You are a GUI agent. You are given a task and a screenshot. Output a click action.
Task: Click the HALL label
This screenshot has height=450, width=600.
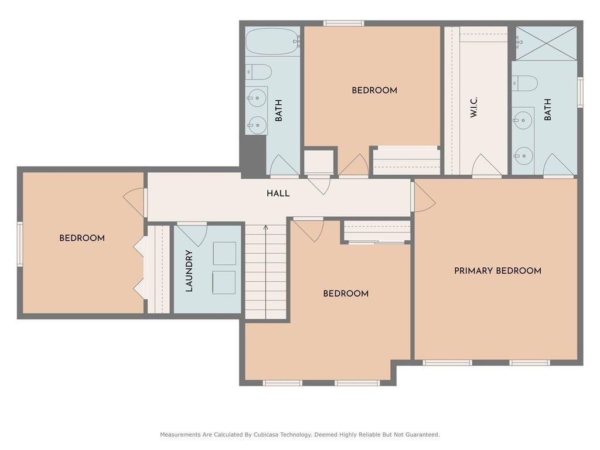coord(278,193)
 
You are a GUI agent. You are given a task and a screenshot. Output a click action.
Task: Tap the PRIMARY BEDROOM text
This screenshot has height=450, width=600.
coord(497,271)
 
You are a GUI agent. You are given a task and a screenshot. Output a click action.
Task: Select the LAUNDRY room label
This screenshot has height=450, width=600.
coord(189,271)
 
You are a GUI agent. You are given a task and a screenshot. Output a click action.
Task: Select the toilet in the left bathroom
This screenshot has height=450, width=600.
coord(258,72)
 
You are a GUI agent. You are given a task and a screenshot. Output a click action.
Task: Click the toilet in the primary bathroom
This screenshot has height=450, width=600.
coord(524,84)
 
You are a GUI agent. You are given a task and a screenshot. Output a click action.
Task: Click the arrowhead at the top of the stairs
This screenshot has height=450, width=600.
coord(265,227)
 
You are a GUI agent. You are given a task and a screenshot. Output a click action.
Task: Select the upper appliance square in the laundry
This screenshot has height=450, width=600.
coord(224,253)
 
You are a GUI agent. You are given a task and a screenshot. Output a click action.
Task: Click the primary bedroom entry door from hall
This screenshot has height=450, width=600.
coord(423,197)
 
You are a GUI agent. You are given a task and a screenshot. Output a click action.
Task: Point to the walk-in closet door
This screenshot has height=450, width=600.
coord(487,165)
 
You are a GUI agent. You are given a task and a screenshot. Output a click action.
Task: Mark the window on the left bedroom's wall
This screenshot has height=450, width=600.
coord(19,244)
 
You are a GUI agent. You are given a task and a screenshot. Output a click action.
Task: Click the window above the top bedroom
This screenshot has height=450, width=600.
coord(343,23)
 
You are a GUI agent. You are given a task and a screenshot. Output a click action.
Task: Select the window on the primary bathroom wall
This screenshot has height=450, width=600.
coord(580,93)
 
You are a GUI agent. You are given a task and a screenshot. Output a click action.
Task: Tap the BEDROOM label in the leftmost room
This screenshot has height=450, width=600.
coord(82,238)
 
